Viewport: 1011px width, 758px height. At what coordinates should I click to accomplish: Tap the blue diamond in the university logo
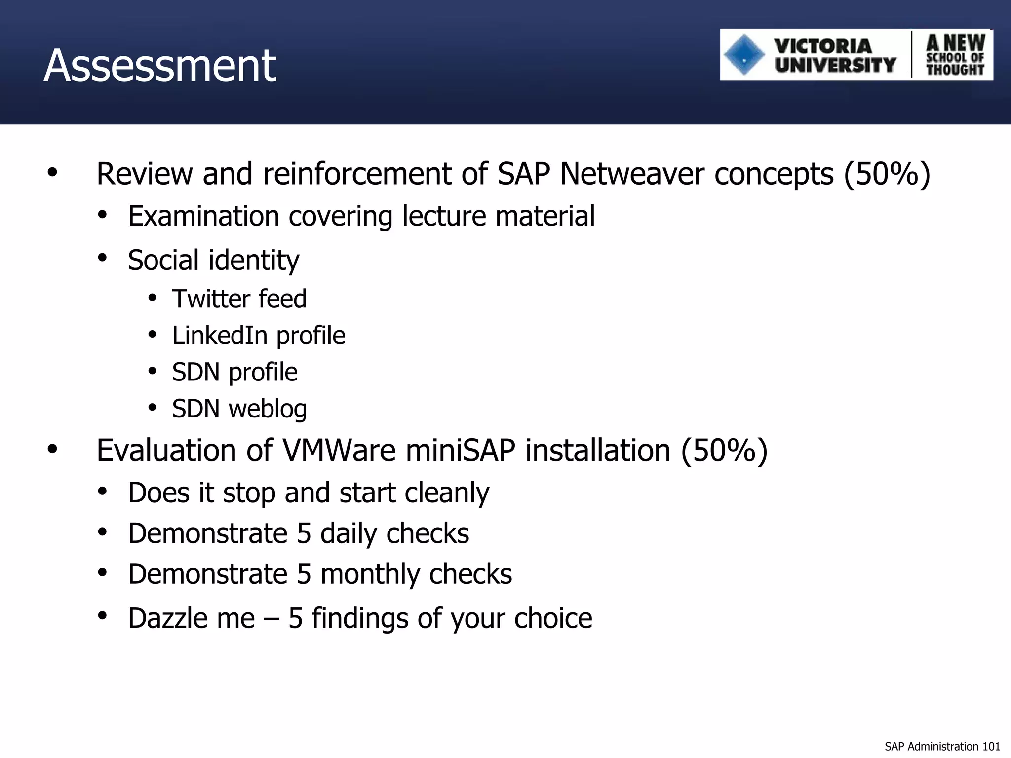(x=744, y=55)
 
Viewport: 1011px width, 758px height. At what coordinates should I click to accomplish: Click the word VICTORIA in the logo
(x=823, y=46)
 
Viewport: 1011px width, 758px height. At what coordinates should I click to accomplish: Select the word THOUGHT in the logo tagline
(x=955, y=70)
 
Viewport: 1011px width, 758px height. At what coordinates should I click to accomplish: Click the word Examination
(x=203, y=216)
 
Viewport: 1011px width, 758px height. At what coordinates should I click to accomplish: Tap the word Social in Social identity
(x=163, y=260)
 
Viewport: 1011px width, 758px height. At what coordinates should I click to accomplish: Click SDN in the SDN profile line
(x=195, y=372)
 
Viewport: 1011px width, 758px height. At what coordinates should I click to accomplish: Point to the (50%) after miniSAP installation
(x=724, y=451)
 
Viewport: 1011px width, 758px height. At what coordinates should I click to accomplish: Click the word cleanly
(x=447, y=493)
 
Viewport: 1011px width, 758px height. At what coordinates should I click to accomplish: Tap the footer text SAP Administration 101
(x=942, y=746)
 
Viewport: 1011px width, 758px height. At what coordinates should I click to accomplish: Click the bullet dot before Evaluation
(x=52, y=450)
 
